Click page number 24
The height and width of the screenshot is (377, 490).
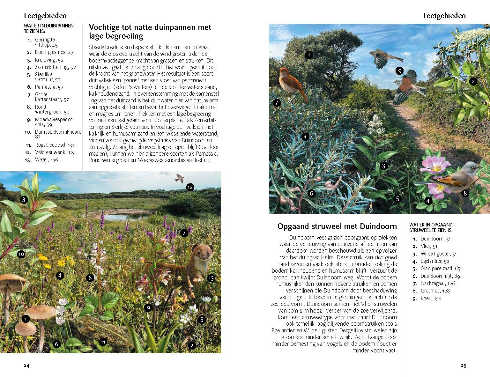click(26, 366)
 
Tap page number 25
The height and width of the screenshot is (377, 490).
click(463, 366)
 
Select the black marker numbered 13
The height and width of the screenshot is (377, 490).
click(211, 278)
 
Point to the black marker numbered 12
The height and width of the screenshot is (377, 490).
click(190, 187)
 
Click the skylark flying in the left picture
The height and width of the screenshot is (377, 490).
click(179, 178)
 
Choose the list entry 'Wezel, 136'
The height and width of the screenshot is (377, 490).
click(46, 160)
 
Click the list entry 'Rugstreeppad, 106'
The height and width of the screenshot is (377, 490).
click(55, 145)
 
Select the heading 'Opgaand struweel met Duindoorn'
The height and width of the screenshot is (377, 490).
click(337, 226)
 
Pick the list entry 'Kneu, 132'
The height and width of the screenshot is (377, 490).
click(431, 299)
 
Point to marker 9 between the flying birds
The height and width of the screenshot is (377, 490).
click(399, 71)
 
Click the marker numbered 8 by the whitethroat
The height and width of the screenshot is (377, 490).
click(465, 193)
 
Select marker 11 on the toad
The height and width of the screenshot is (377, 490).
click(103, 342)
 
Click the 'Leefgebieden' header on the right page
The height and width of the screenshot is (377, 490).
click(444, 16)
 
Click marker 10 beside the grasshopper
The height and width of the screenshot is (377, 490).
click(21, 254)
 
